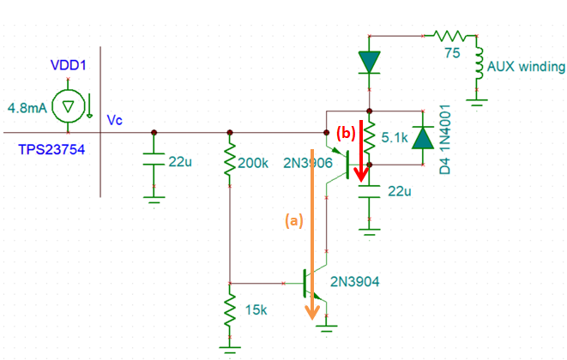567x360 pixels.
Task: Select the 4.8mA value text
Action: click(26, 109)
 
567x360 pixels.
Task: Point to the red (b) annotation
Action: click(345, 133)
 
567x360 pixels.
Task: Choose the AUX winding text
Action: click(525, 66)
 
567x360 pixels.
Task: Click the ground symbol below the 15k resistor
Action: click(229, 348)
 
